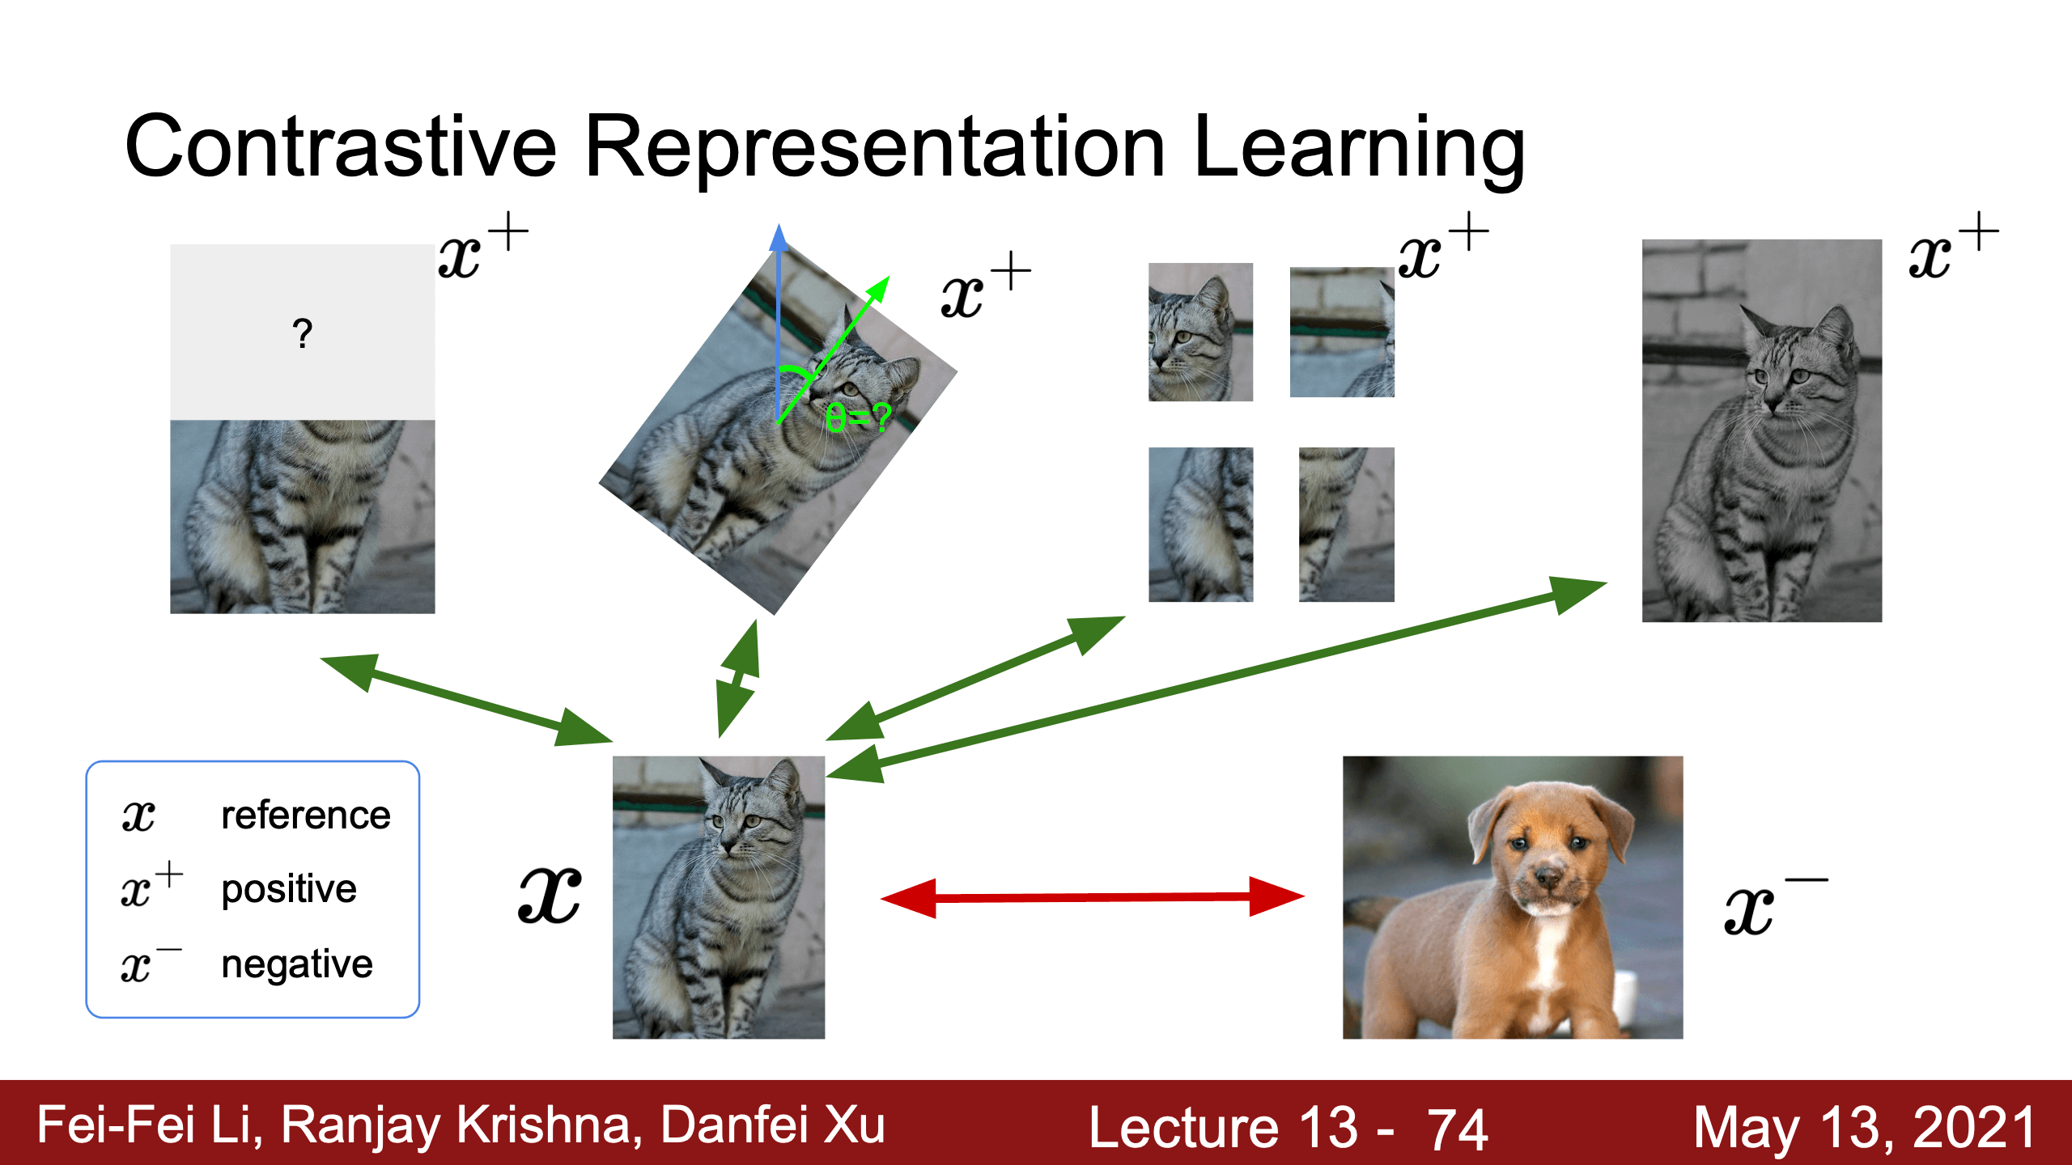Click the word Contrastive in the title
point(341,146)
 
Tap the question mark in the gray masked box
point(303,333)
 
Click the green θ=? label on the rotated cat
point(858,417)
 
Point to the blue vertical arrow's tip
point(779,224)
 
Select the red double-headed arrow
point(1093,897)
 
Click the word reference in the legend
point(306,815)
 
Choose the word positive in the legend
point(289,890)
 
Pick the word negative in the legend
point(297,964)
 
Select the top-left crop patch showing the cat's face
point(1200,332)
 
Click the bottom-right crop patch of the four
point(1346,524)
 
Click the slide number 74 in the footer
point(1457,1129)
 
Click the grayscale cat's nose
point(1773,402)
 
